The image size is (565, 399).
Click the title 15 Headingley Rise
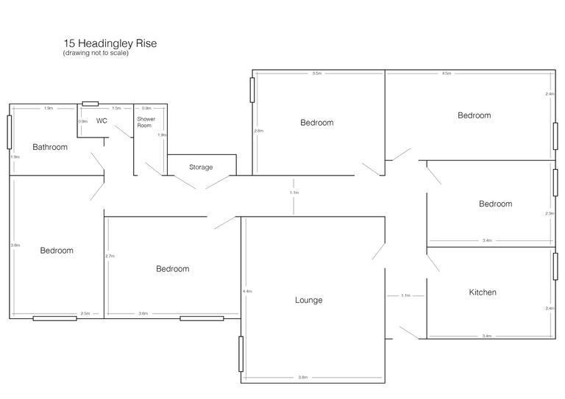point(110,43)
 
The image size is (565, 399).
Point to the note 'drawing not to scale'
point(96,54)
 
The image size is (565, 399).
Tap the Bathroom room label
point(50,147)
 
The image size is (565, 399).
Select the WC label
point(102,121)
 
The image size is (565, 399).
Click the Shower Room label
point(145,121)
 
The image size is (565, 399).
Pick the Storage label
point(201,167)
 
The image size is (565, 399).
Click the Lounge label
point(308,300)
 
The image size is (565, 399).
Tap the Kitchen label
point(483,292)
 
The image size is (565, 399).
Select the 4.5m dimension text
point(446,74)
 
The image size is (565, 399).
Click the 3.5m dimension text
point(316,74)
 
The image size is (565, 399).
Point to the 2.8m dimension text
point(258,131)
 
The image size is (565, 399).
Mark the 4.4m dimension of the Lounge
point(247,291)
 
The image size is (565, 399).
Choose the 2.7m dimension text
point(110,256)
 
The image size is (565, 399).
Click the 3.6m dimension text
point(143,314)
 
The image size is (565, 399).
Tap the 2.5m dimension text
point(85,314)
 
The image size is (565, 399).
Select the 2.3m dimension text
point(549,213)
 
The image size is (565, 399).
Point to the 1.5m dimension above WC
point(116,108)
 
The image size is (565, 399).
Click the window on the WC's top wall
point(90,104)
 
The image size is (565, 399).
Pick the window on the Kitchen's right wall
point(555,265)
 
